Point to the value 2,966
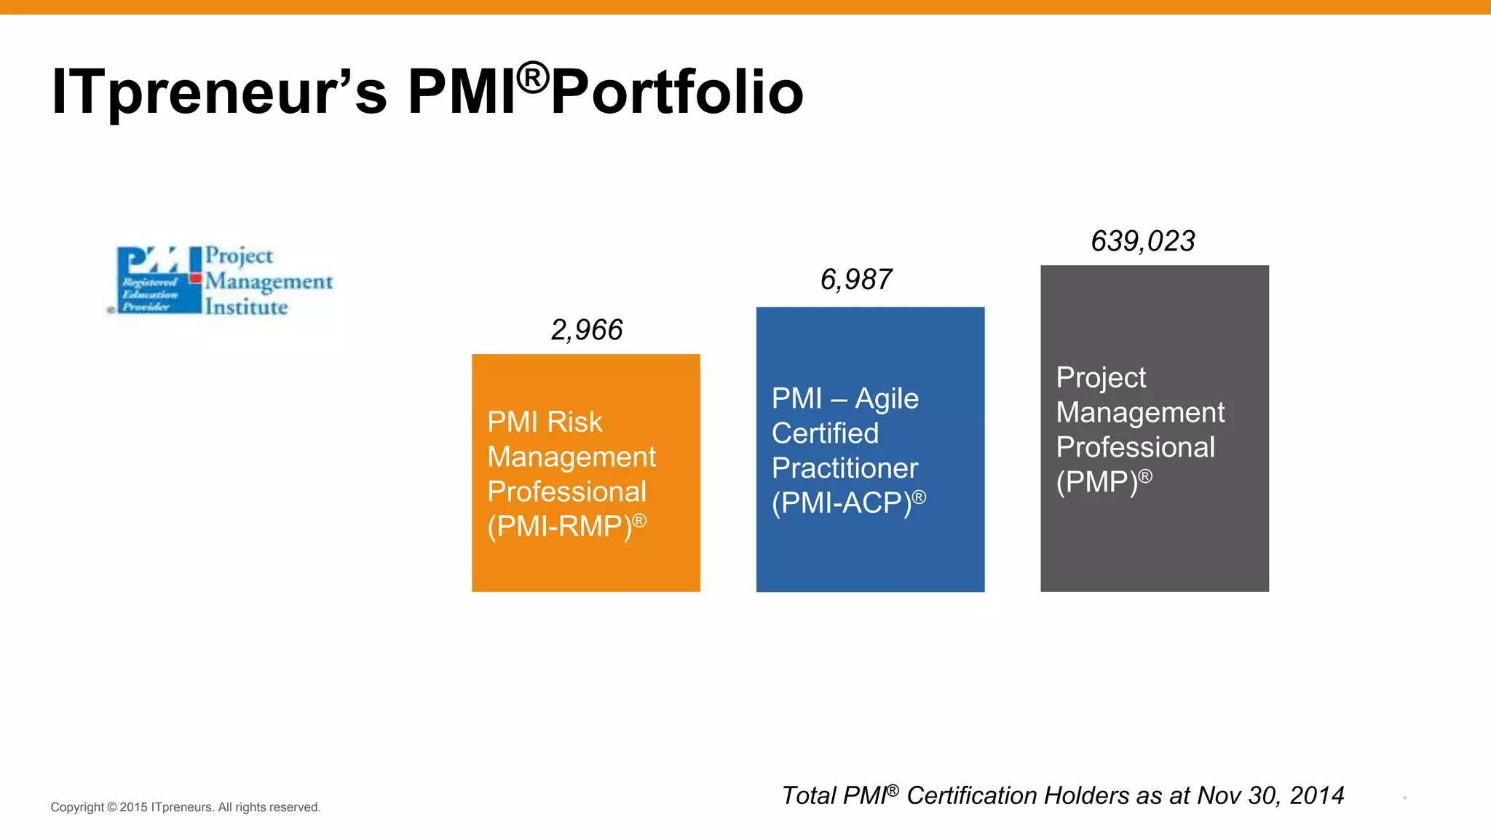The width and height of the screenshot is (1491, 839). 587,330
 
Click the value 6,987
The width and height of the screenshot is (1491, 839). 856,280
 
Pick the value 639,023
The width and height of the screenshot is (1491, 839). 1143,241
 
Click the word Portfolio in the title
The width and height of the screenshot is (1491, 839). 677,92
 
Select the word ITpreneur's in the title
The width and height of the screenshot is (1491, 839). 219,92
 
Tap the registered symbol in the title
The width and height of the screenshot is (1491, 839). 533,77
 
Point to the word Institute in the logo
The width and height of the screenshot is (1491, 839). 246,307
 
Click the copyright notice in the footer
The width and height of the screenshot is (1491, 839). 186,807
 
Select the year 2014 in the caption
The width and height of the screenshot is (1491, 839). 1316,795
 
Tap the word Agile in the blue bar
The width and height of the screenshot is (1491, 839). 887,399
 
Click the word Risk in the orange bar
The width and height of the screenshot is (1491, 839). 574,422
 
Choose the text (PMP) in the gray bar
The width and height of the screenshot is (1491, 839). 1096,482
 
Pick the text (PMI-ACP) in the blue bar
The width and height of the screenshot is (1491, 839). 842,503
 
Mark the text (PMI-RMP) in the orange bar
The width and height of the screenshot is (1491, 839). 559,527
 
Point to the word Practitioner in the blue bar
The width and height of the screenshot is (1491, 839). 845,468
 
